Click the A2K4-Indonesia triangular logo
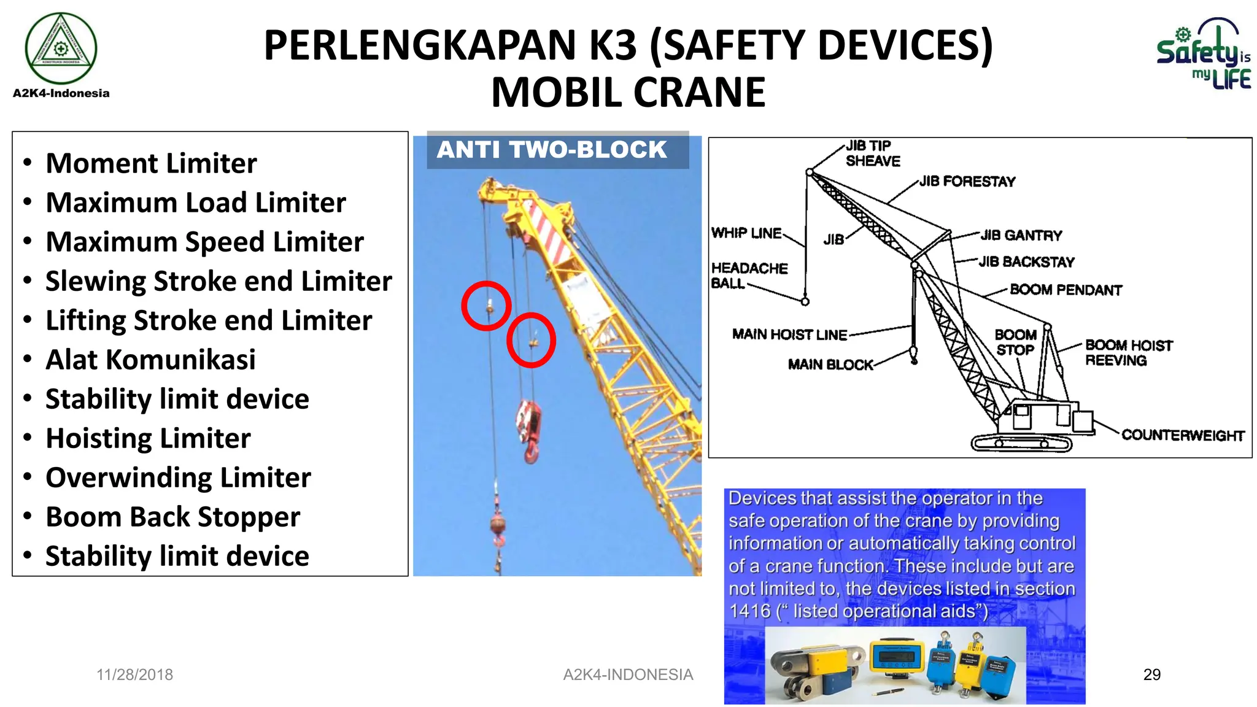[x=60, y=48]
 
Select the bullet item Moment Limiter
[x=151, y=164]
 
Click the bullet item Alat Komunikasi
[x=150, y=360]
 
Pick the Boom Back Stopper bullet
[x=172, y=517]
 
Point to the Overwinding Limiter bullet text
[x=178, y=477]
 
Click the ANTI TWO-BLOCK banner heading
[x=552, y=150]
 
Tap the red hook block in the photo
[x=529, y=430]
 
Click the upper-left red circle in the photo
[x=486, y=306]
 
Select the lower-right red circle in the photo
[x=531, y=340]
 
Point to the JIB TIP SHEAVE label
[x=872, y=153]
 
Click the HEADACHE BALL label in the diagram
[x=749, y=276]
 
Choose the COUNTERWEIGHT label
[x=1182, y=435]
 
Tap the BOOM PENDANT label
[x=1066, y=290]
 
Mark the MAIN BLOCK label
[x=830, y=365]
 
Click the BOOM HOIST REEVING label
[x=1128, y=353]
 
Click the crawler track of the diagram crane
[x=1021, y=443]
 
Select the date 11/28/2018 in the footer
[x=134, y=674]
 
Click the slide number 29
[x=1152, y=674]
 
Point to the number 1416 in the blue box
[x=749, y=611]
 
